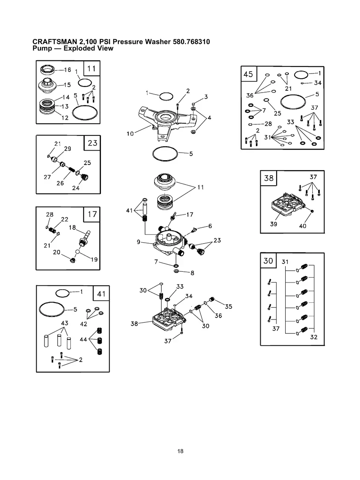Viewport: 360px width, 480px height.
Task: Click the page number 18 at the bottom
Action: click(x=180, y=451)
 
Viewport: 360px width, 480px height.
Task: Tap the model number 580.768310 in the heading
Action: click(x=191, y=42)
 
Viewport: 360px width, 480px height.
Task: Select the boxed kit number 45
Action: click(x=248, y=74)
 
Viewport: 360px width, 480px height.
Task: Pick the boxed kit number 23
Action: click(x=93, y=143)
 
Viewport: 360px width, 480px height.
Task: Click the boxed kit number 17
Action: click(x=92, y=214)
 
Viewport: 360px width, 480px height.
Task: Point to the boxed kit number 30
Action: click(x=268, y=261)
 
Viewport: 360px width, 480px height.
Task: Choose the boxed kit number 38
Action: click(x=269, y=178)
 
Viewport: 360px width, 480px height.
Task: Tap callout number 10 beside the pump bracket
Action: click(x=130, y=134)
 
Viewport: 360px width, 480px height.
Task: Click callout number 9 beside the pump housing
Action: click(x=139, y=242)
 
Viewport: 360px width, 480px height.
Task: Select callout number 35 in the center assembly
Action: click(x=228, y=306)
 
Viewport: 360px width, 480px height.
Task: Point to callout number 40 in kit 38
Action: click(x=302, y=226)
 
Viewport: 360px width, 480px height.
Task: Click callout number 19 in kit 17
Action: click(x=94, y=259)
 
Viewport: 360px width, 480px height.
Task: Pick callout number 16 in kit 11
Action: click(x=68, y=70)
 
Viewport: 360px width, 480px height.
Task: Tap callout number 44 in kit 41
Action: click(x=83, y=339)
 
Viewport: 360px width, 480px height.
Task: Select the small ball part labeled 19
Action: click(x=77, y=252)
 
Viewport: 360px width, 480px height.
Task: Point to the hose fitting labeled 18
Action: click(x=85, y=238)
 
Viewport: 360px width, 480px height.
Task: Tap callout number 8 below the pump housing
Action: click(x=192, y=273)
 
